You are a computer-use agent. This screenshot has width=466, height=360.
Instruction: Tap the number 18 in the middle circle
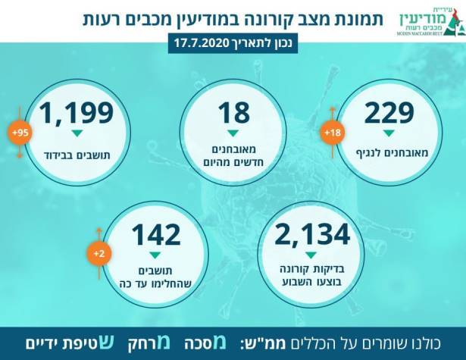click(233, 113)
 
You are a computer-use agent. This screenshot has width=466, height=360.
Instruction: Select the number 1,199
click(77, 113)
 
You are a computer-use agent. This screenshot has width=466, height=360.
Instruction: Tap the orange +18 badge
click(332, 133)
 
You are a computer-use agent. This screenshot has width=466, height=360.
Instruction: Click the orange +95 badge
click(20, 133)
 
